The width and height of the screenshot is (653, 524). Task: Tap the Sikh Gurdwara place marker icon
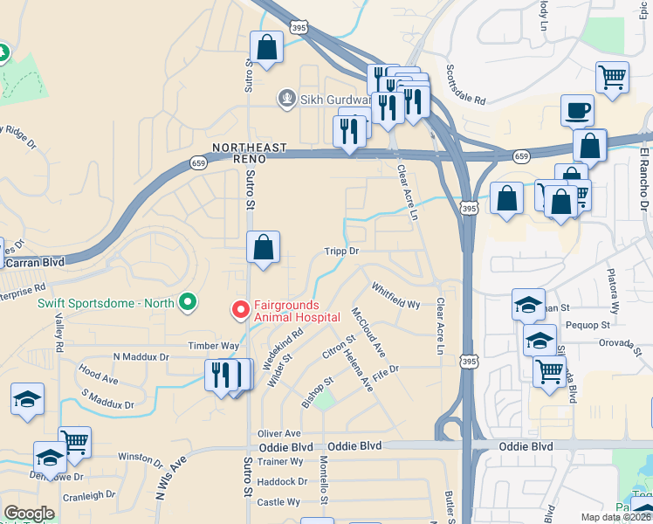(x=285, y=98)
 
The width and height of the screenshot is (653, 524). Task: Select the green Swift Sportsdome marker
(x=187, y=303)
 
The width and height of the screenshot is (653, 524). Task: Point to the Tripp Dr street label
(x=342, y=252)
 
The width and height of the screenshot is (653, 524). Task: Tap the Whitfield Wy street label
(x=395, y=295)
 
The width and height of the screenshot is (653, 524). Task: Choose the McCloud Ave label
(x=368, y=331)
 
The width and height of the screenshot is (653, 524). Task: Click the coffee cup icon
(x=577, y=110)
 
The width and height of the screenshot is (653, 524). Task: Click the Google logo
(x=30, y=513)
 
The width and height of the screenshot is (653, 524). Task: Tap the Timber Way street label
(x=214, y=346)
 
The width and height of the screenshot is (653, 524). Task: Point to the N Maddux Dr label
(x=141, y=357)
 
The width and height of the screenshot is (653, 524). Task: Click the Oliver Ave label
(x=279, y=433)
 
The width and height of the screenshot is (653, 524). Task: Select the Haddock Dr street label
(x=283, y=481)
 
